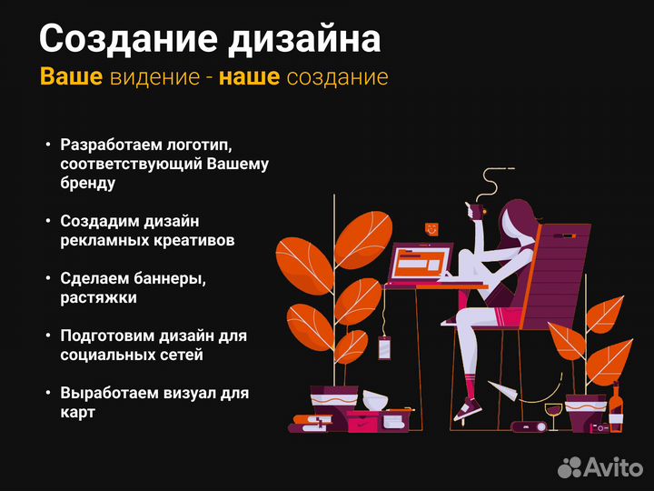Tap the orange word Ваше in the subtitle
point(71,77)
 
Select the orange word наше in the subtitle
point(249,77)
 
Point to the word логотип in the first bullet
point(199,145)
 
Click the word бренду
point(88,183)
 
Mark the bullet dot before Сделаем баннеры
point(47,278)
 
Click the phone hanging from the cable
point(384,348)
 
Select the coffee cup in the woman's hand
point(474,209)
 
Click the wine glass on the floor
point(552,416)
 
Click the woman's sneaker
point(468,408)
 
